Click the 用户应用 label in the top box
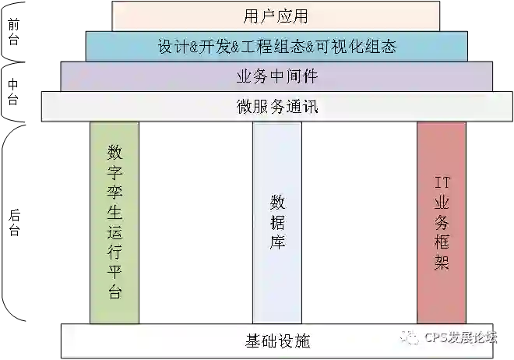[276, 16]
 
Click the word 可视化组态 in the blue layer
[357, 47]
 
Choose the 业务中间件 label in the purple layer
[276, 77]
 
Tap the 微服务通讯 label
[276, 108]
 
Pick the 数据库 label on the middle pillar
[277, 222]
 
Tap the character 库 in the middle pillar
[277, 242]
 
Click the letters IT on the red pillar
[442, 184]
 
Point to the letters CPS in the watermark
[436, 337]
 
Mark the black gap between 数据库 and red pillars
[360, 222]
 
